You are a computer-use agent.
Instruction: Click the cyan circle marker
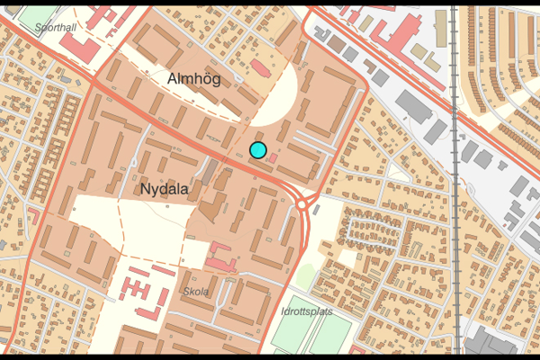(258, 150)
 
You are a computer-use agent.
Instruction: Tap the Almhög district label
(193, 79)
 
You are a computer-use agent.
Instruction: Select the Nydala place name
(165, 190)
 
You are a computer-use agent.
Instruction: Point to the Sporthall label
(55, 28)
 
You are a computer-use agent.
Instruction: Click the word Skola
(195, 292)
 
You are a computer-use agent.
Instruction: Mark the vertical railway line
(455, 180)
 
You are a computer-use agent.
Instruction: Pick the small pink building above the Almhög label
(260, 67)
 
